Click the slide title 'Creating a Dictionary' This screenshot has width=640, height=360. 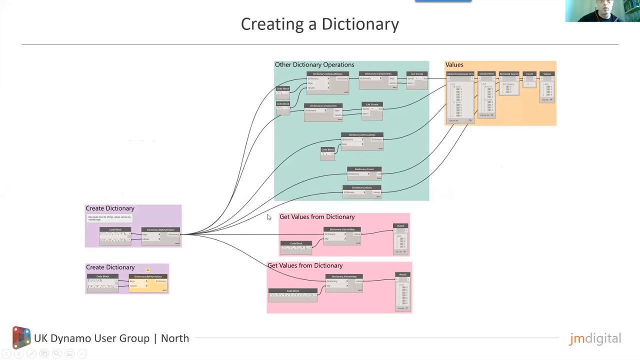pos(320,24)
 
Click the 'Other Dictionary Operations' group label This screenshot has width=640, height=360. pos(314,64)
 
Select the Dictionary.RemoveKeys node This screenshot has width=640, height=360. pos(362,141)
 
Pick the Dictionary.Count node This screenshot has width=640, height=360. pos(364,173)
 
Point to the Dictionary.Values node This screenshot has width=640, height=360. pos(361,191)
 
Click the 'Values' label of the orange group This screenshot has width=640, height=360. pos(454,64)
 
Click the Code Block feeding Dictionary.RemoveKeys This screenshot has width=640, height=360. pos(327,153)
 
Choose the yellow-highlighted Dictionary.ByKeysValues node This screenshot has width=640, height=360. pos(148,283)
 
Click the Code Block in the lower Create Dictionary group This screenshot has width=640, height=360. pos(102,281)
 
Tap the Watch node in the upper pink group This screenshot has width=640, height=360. pos(401,239)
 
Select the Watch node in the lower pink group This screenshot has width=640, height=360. pos(403,291)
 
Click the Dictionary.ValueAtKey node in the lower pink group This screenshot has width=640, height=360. pos(344,282)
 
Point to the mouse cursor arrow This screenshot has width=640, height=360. pos(268,217)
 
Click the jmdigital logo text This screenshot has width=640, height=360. pos(595,338)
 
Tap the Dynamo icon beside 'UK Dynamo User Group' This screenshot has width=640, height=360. pos(21,337)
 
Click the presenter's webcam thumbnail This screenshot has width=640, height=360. pos(602,11)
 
